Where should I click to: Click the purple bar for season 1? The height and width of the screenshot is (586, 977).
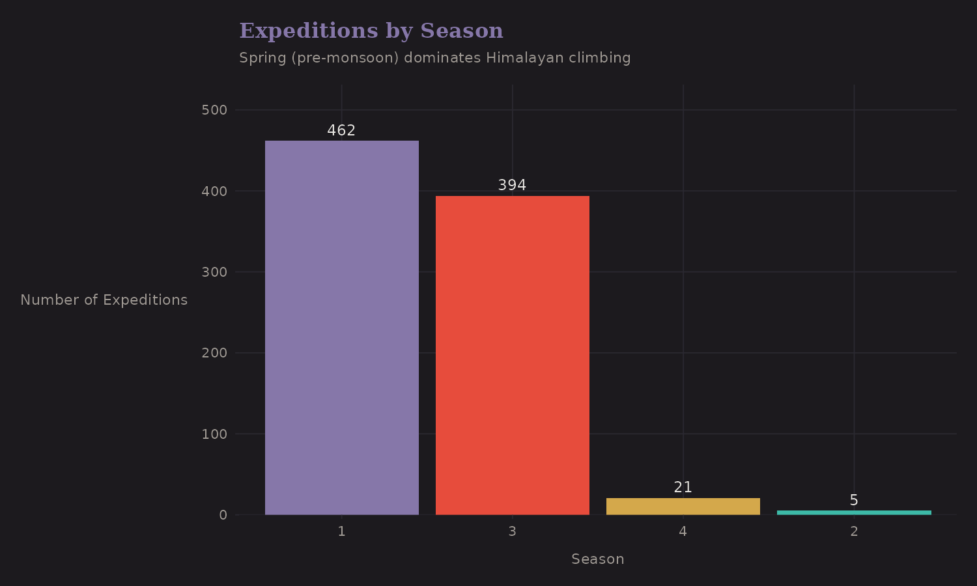tap(341, 328)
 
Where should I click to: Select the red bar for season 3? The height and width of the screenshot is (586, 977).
tap(512, 355)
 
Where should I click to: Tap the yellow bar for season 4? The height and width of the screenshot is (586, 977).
tap(683, 507)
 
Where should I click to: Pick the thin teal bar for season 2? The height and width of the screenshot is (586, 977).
tap(854, 512)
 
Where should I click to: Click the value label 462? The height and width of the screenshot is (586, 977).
tap(341, 130)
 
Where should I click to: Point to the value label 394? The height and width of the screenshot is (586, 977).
tap(512, 185)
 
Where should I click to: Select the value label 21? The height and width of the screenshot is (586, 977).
tap(683, 487)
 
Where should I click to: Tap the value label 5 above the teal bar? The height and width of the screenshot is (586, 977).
tap(854, 500)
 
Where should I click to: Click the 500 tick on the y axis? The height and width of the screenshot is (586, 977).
tap(214, 110)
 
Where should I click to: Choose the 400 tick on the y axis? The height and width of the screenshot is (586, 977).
tap(214, 191)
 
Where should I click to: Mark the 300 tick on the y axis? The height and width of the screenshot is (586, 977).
tap(214, 272)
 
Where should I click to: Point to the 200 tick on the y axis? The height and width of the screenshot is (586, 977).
tap(214, 353)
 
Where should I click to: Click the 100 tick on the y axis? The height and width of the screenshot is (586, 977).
tap(214, 434)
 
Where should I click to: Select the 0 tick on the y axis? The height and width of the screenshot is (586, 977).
tap(223, 515)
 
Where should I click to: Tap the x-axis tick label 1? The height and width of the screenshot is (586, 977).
tap(341, 531)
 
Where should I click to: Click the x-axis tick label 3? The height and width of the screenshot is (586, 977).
tap(512, 531)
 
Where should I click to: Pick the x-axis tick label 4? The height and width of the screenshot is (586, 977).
tap(683, 531)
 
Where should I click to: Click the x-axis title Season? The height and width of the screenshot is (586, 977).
tap(597, 559)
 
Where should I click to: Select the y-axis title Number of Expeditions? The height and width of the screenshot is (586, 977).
tap(104, 300)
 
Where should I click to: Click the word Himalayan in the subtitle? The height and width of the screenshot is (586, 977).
tap(525, 58)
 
